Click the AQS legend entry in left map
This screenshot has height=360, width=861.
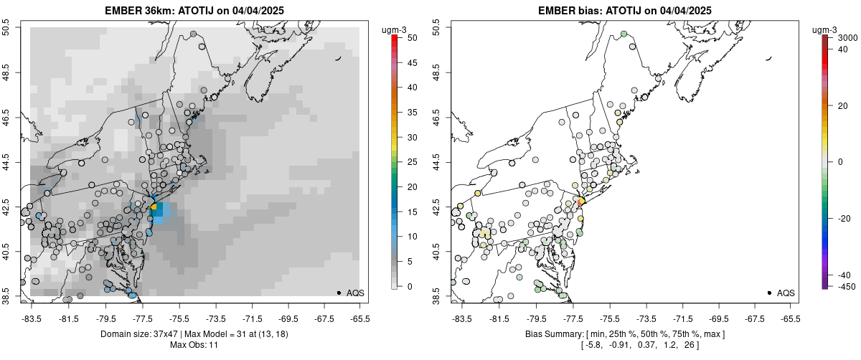(x=351, y=293)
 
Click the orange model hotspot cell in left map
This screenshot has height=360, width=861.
(x=153, y=206)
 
